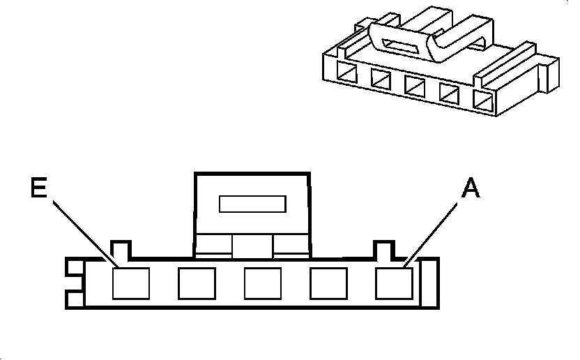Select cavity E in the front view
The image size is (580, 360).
[130, 283]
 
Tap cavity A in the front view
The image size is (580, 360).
[394, 283]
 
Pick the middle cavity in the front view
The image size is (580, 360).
[262, 283]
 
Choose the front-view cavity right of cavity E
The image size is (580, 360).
[196, 283]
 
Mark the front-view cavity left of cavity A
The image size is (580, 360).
[328, 283]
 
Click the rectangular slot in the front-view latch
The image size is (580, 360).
[252, 204]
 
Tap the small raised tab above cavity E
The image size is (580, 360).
[121, 249]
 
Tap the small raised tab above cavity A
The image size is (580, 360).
[383, 249]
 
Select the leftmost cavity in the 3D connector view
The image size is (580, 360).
[346, 72]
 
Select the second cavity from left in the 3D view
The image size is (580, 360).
[381, 79]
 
